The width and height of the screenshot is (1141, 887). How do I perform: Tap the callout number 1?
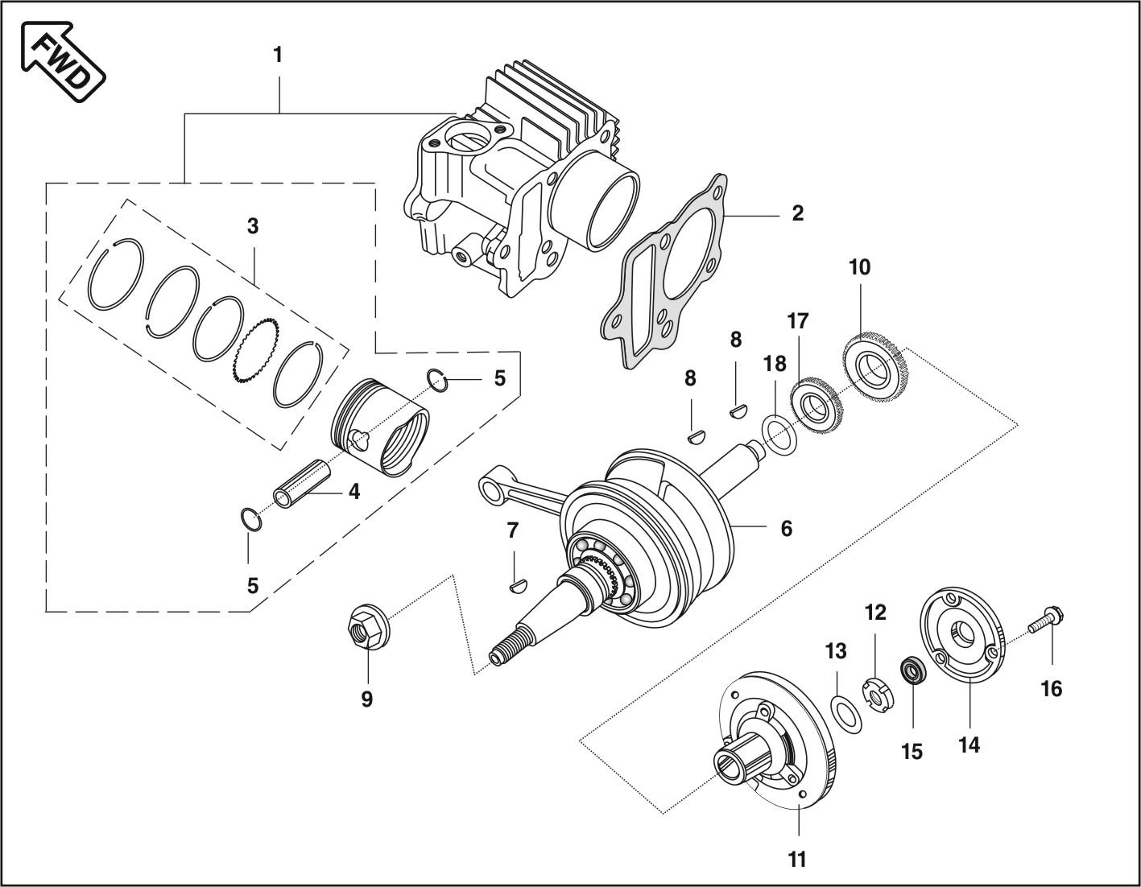(x=278, y=56)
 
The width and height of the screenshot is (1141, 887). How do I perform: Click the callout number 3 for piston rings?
(x=253, y=227)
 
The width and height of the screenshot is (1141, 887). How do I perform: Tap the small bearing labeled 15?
(x=912, y=670)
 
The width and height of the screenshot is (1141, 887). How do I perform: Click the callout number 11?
(x=796, y=859)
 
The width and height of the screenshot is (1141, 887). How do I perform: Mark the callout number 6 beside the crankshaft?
(x=786, y=529)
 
